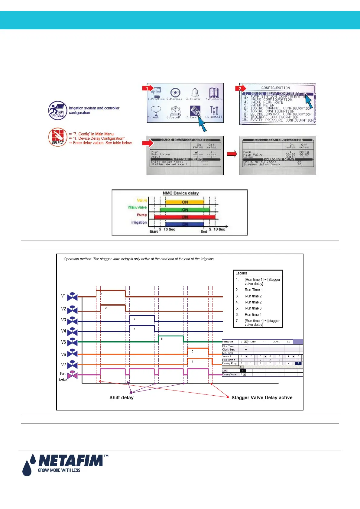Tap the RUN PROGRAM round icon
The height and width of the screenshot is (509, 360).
click(57, 111)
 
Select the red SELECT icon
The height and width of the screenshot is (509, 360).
click(57, 137)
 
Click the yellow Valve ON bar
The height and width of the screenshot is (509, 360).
click(185, 202)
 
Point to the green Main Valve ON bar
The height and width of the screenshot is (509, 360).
click(185, 210)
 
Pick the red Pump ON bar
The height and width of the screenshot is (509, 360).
click(185, 217)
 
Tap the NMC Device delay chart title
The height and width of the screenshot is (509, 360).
click(181, 193)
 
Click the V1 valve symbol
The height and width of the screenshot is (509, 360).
click(72, 297)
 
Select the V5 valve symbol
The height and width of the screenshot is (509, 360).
click(72, 342)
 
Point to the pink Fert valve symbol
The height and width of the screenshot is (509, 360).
click(72, 375)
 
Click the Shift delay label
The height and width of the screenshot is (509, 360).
click(121, 398)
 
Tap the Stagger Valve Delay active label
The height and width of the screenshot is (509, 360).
click(262, 398)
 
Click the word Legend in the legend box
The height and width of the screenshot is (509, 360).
click(241, 273)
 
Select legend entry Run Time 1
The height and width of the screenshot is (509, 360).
click(253, 290)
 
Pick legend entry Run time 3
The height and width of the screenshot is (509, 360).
click(253, 308)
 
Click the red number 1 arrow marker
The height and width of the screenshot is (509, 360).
click(148, 88)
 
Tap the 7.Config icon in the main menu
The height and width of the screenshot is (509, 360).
click(195, 112)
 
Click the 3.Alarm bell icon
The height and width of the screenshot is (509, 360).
click(195, 93)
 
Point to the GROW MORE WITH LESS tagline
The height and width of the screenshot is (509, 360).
click(59, 470)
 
